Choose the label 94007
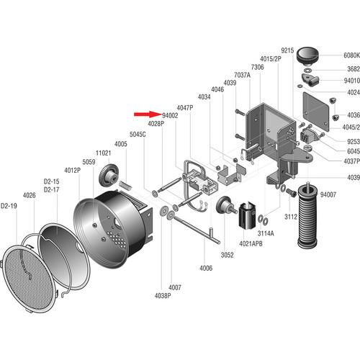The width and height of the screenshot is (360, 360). pyautogui.click(x=328, y=195)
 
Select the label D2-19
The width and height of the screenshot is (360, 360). pyautogui.click(x=9, y=205)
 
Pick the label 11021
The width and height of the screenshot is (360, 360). pyautogui.click(x=103, y=153)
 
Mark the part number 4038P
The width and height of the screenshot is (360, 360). pyautogui.click(x=163, y=295)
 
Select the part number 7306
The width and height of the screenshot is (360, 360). pyautogui.click(x=257, y=67)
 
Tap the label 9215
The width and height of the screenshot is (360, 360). pyautogui.click(x=287, y=50)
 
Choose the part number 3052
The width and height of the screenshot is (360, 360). pyautogui.click(x=227, y=255)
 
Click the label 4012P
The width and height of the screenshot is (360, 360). pyautogui.click(x=72, y=170)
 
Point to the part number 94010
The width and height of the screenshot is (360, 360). pyautogui.click(x=349, y=81)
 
